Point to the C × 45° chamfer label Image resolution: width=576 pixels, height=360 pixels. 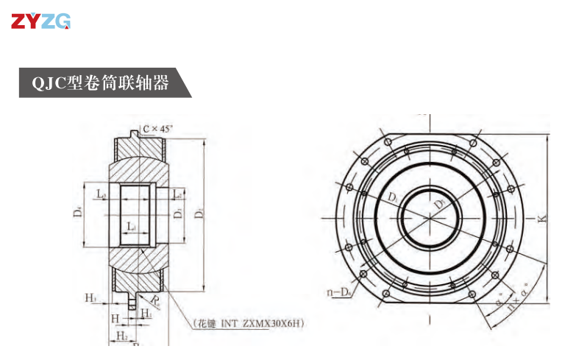157,129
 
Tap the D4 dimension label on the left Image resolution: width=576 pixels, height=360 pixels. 77,213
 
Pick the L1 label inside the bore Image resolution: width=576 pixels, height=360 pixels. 130,225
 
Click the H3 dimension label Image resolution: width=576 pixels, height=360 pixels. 90,297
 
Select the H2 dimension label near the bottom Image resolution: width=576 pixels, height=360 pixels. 121,335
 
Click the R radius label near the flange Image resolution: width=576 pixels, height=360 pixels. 156,299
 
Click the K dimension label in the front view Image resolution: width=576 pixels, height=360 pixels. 541,219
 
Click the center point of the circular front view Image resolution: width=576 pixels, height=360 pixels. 429,219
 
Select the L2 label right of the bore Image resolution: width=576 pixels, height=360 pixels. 177,194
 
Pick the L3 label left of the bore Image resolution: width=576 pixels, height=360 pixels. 102,194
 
